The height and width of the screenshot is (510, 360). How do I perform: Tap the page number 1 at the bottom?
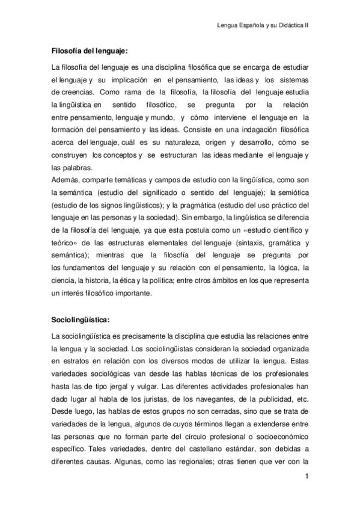pyautogui.click(x=307, y=477)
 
